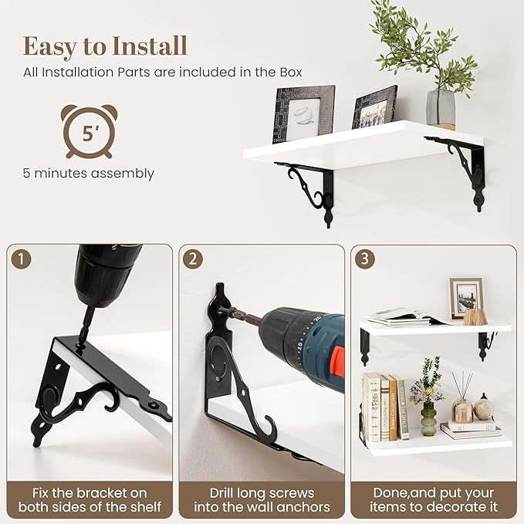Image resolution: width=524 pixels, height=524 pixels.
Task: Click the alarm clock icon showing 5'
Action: point(89,131)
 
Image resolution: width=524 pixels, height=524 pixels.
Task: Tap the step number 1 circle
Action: point(21,259)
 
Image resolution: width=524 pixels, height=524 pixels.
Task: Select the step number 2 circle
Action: point(193,259)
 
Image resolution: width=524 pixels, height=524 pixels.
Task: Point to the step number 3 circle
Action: point(365,259)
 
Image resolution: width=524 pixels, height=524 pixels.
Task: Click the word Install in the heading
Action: point(149,46)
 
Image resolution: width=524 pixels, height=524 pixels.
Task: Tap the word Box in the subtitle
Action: point(291,73)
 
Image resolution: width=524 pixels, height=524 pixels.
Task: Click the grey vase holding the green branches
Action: point(441,109)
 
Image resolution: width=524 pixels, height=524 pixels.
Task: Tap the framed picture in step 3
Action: point(466,298)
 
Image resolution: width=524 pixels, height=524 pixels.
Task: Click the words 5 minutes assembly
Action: point(89,174)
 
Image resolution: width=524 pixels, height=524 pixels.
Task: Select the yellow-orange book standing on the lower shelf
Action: point(393,407)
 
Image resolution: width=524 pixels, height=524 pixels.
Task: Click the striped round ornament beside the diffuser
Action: point(484,407)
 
